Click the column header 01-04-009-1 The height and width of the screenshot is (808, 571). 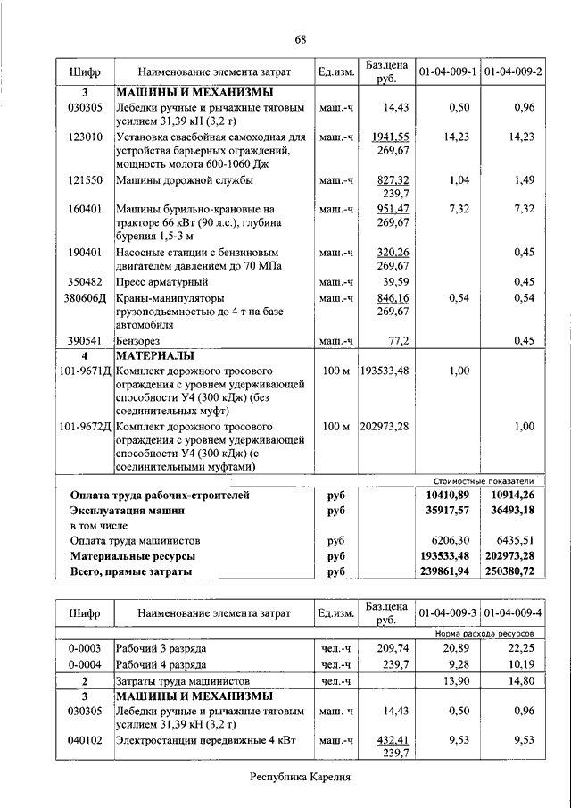(447, 71)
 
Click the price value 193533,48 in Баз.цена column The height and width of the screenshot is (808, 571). (386, 371)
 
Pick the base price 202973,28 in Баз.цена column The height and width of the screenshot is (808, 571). (386, 427)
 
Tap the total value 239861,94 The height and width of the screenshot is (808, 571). (447, 570)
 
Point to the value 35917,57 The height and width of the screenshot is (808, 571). (447, 510)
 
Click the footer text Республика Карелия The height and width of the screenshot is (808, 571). (301, 777)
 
